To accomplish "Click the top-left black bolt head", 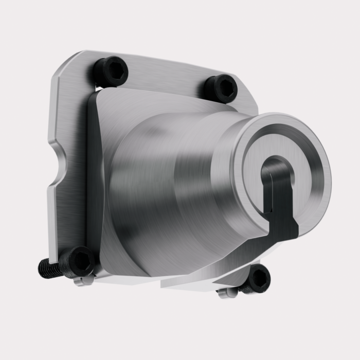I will [x=110, y=71].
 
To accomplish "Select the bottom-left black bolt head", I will [x=77, y=261].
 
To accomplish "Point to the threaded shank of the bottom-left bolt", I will [x=48, y=268].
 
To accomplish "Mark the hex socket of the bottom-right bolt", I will [x=261, y=278].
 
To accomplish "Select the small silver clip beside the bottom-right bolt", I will [x=227, y=293].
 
